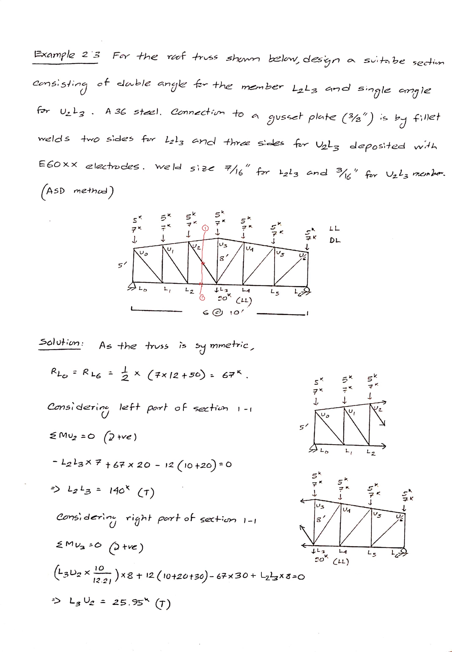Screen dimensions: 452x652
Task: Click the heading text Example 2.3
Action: pyautogui.click(x=66, y=55)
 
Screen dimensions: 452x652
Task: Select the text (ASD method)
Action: pyautogui.click(x=76, y=191)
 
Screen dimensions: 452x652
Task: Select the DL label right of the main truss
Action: pyautogui.click(x=335, y=240)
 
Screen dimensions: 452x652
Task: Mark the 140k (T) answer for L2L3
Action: pyautogui.click(x=130, y=491)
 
